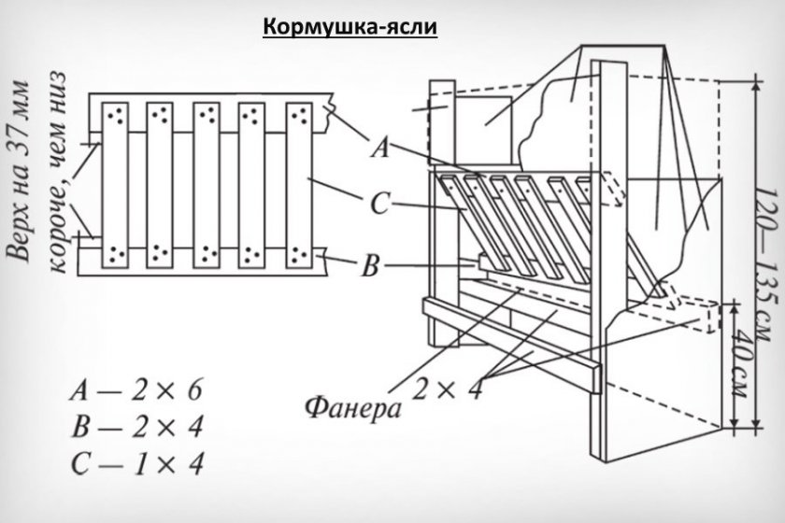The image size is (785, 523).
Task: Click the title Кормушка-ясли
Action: (x=350, y=26)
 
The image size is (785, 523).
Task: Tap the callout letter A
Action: (x=380, y=147)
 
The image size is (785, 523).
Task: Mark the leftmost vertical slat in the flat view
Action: (x=116, y=183)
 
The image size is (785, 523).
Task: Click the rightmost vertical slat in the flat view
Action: (x=298, y=183)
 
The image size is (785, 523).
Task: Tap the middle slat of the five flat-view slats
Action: (x=207, y=183)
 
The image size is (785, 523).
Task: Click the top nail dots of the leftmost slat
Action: (x=116, y=115)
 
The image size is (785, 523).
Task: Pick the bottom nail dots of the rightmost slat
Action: (x=298, y=252)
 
